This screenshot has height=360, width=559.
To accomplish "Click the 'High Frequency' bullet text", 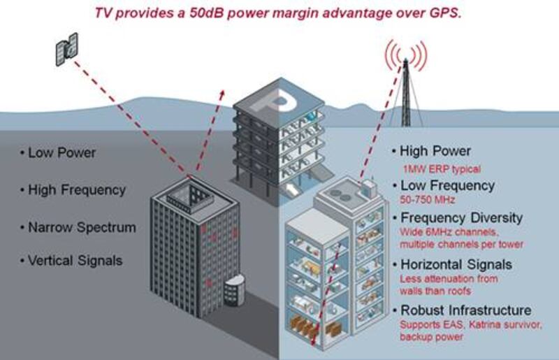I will pos(77,189).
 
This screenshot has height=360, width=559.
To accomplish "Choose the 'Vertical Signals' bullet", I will pos(75,261).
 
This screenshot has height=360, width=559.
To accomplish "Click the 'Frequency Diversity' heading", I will pos(460,217).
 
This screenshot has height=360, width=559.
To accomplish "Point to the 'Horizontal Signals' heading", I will pos(456,264).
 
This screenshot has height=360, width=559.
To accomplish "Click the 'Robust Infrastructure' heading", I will pos(465,310).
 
